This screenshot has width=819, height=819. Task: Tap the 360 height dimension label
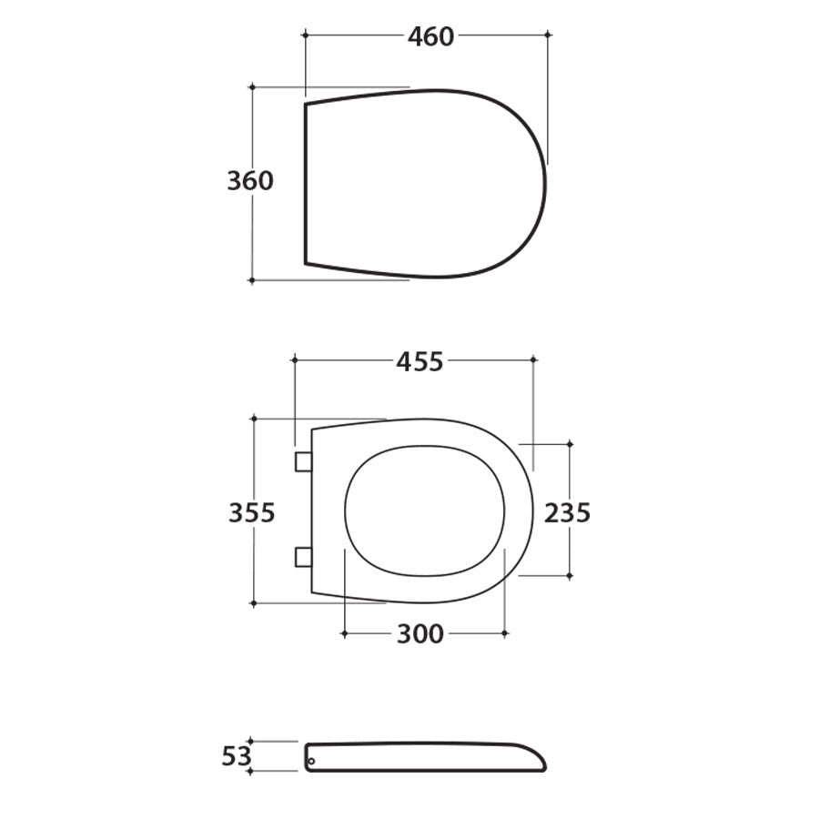click(250, 181)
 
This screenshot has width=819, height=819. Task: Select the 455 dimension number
click(420, 362)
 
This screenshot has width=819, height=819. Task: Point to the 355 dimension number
click(252, 513)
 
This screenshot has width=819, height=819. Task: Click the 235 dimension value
click(568, 513)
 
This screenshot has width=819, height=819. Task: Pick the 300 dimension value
click(420, 634)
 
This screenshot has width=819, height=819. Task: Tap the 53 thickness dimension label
click(236, 756)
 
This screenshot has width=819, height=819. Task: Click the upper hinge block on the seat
click(303, 462)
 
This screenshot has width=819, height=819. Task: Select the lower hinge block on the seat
click(303, 557)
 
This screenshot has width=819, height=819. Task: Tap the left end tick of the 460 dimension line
click(305, 35)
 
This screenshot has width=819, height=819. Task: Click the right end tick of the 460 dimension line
click(548, 35)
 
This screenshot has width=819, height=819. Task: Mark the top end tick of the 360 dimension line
click(252, 87)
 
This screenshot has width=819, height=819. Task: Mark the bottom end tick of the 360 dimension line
click(252, 280)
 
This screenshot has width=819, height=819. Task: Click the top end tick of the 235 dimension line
click(570, 444)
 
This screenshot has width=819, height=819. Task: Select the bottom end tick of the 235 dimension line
click(570, 576)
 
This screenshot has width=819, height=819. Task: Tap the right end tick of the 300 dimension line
click(505, 632)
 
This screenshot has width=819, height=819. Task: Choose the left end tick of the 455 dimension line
click(295, 360)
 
